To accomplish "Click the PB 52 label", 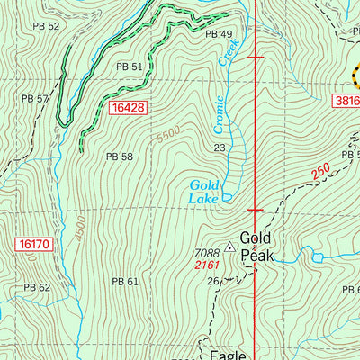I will (x=46, y=26).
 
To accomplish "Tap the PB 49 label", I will (x=219, y=34).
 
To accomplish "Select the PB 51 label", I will (x=130, y=67).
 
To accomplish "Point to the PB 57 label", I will (x=36, y=98).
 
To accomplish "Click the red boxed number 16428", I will (x=129, y=108).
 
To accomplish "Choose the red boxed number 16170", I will (x=32, y=244).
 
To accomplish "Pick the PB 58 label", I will (x=120, y=157).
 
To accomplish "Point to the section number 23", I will (x=219, y=148).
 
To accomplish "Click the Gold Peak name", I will (x=256, y=247).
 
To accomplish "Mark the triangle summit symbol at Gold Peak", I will (x=231, y=246).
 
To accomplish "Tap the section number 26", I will (x=212, y=282).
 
